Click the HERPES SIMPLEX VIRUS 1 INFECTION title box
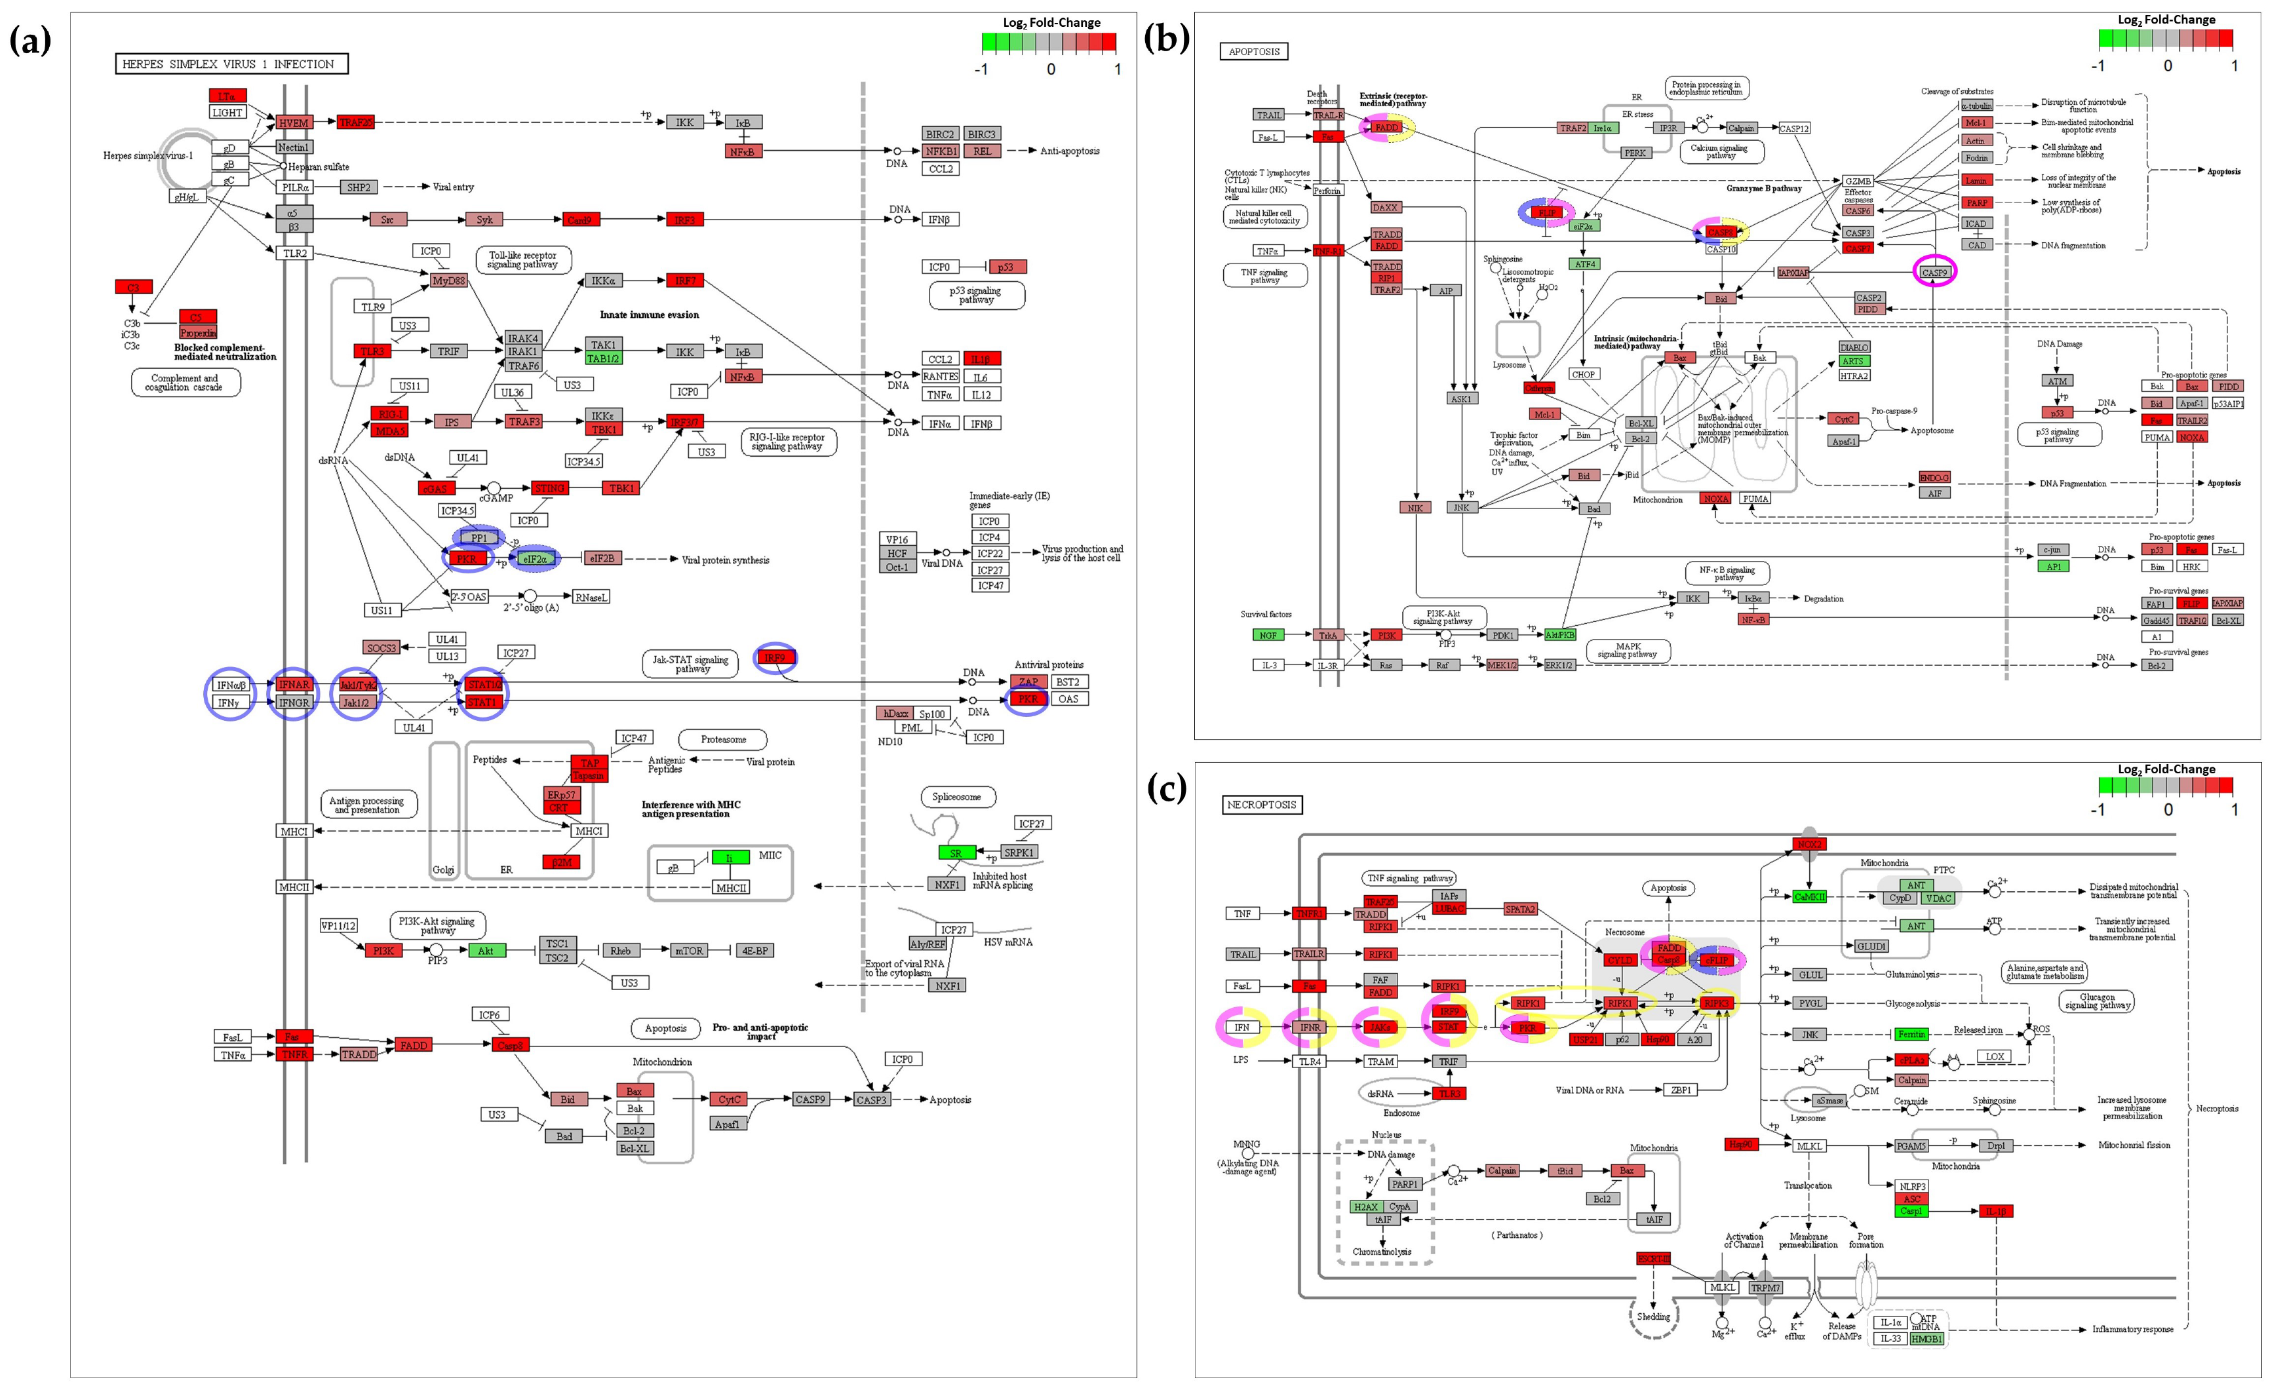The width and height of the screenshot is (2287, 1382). point(231,64)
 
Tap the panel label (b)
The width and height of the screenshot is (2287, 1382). point(1165,40)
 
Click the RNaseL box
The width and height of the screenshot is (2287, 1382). point(591,597)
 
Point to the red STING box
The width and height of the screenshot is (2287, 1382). point(549,488)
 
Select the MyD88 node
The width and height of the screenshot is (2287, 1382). point(449,280)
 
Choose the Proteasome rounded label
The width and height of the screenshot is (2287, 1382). point(723,740)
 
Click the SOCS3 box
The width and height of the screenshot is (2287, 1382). point(381,648)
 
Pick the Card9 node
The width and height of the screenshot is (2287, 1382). point(579,220)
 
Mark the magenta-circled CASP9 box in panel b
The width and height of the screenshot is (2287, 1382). point(1934,273)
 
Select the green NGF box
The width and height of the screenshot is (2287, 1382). point(1268,635)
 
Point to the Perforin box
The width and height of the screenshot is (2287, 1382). point(1327,190)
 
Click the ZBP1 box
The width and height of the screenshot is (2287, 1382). point(1681,1090)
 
